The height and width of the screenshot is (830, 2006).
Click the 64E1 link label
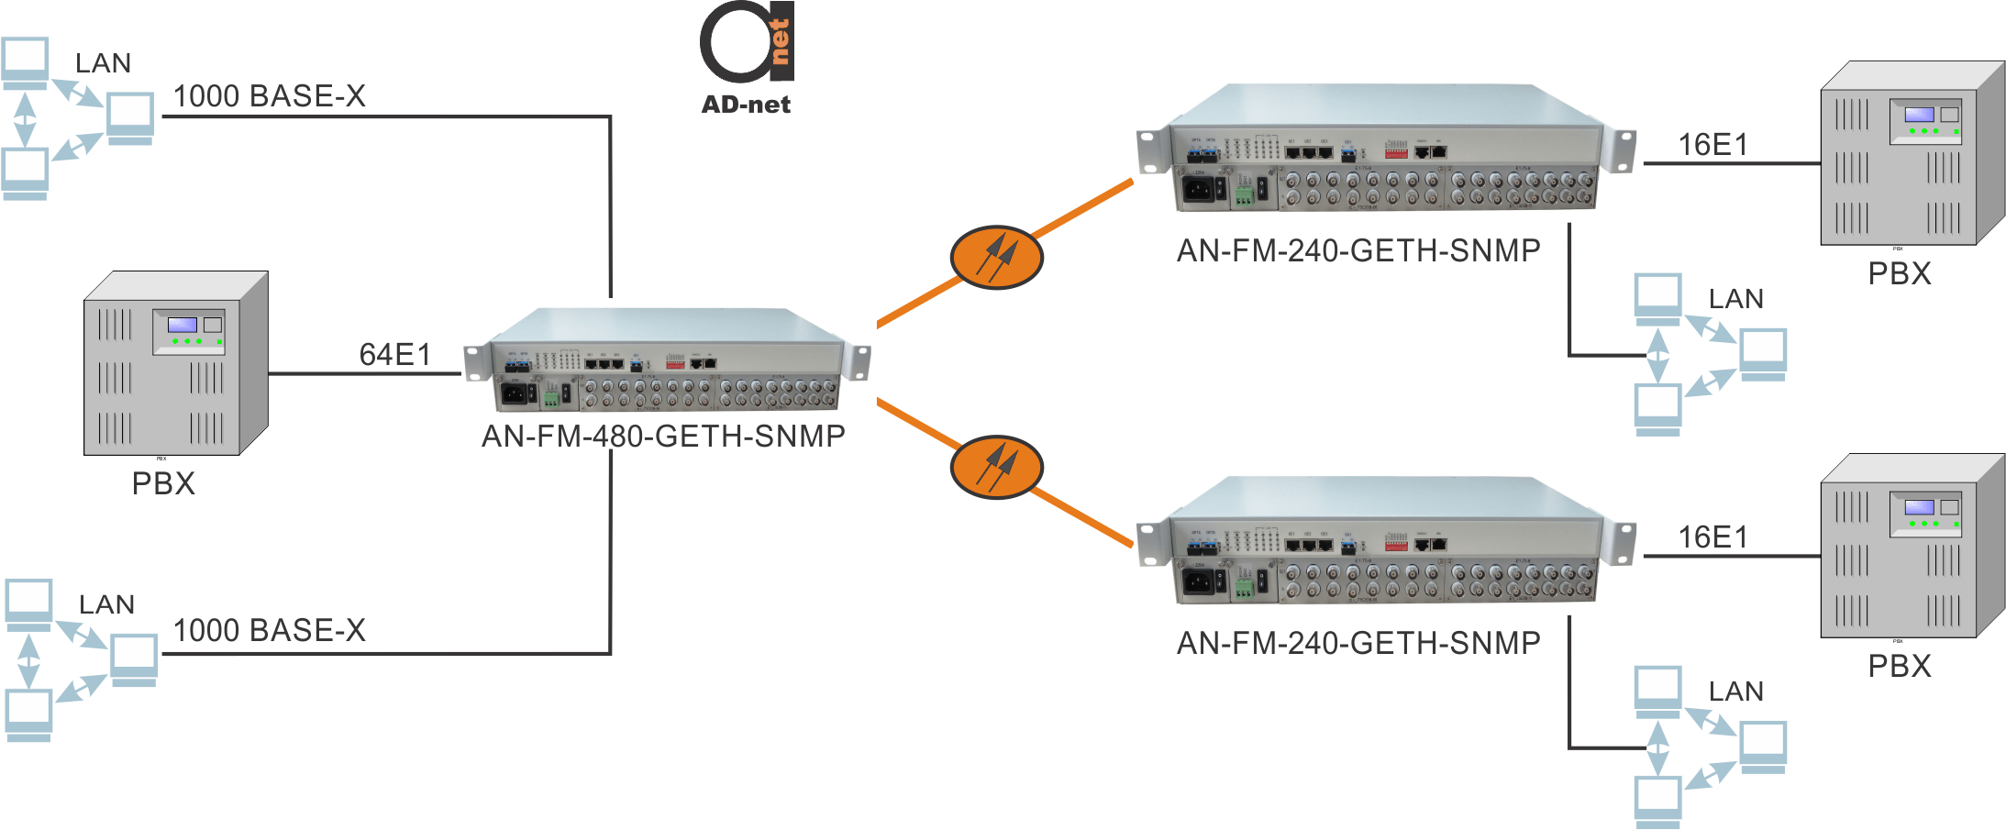pos(394,355)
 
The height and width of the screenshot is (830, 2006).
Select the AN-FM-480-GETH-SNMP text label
pos(663,436)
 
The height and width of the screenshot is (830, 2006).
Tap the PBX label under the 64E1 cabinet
pos(163,483)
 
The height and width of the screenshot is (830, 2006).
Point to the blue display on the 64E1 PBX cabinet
pos(182,325)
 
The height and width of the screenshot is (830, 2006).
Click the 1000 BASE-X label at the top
pos(270,96)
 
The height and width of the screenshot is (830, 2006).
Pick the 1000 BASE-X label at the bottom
pos(270,631)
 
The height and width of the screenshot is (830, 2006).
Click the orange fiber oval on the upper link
pos(996,258)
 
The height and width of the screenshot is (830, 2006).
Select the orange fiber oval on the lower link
pos(996,467)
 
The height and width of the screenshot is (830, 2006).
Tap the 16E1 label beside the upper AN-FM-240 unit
pos(1712,145)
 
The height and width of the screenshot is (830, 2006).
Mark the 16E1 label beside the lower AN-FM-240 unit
pos(1712,537)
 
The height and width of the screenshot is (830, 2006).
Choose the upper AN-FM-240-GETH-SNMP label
pos(1358,250)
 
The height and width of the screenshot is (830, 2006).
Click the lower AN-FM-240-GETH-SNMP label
pos(1358,643)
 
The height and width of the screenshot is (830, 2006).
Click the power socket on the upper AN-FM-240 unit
pos(1198,190)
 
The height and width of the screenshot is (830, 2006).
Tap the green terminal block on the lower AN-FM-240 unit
pos(1244,587)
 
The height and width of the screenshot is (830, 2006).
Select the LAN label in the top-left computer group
pos(103,63)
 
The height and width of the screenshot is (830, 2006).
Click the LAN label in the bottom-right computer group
pos(1735,692)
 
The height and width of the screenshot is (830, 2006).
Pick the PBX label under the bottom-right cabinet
pos(1900,666)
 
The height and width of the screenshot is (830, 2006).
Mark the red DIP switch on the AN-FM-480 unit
pos(675,363)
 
